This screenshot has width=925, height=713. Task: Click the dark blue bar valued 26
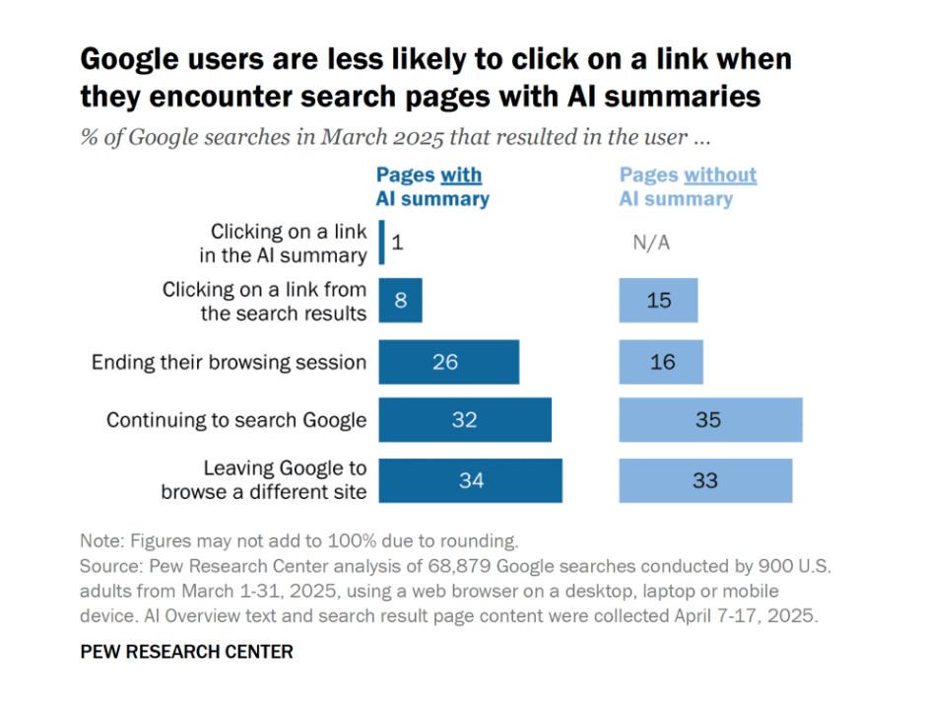(x=448, y=362)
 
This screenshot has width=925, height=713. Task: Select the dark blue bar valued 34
(x=470, y=481)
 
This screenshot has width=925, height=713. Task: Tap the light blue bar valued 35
(x=710, y=420)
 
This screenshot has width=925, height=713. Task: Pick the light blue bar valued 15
(x=658, y=300)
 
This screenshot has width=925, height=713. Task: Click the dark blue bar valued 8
(x=400, y=300)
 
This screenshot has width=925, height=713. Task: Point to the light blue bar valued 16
(x=661, y=362)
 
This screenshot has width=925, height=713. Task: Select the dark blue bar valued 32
(x=465, y=420)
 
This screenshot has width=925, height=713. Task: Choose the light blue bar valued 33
(x=705, y=481)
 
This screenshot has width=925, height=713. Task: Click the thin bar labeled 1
(x=381, y=243)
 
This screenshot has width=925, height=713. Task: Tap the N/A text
(x=651, y=243)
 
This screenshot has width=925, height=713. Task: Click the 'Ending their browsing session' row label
(x=229, y=362)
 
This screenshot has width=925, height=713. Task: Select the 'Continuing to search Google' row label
(x=236, y=420)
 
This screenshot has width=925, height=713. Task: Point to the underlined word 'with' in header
(x=461, y=176)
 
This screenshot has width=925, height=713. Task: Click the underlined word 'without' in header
(x=720, y=176)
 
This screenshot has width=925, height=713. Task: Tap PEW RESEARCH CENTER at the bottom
(x=187, y=652)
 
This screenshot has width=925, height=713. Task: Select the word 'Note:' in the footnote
(x=104, y=541)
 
